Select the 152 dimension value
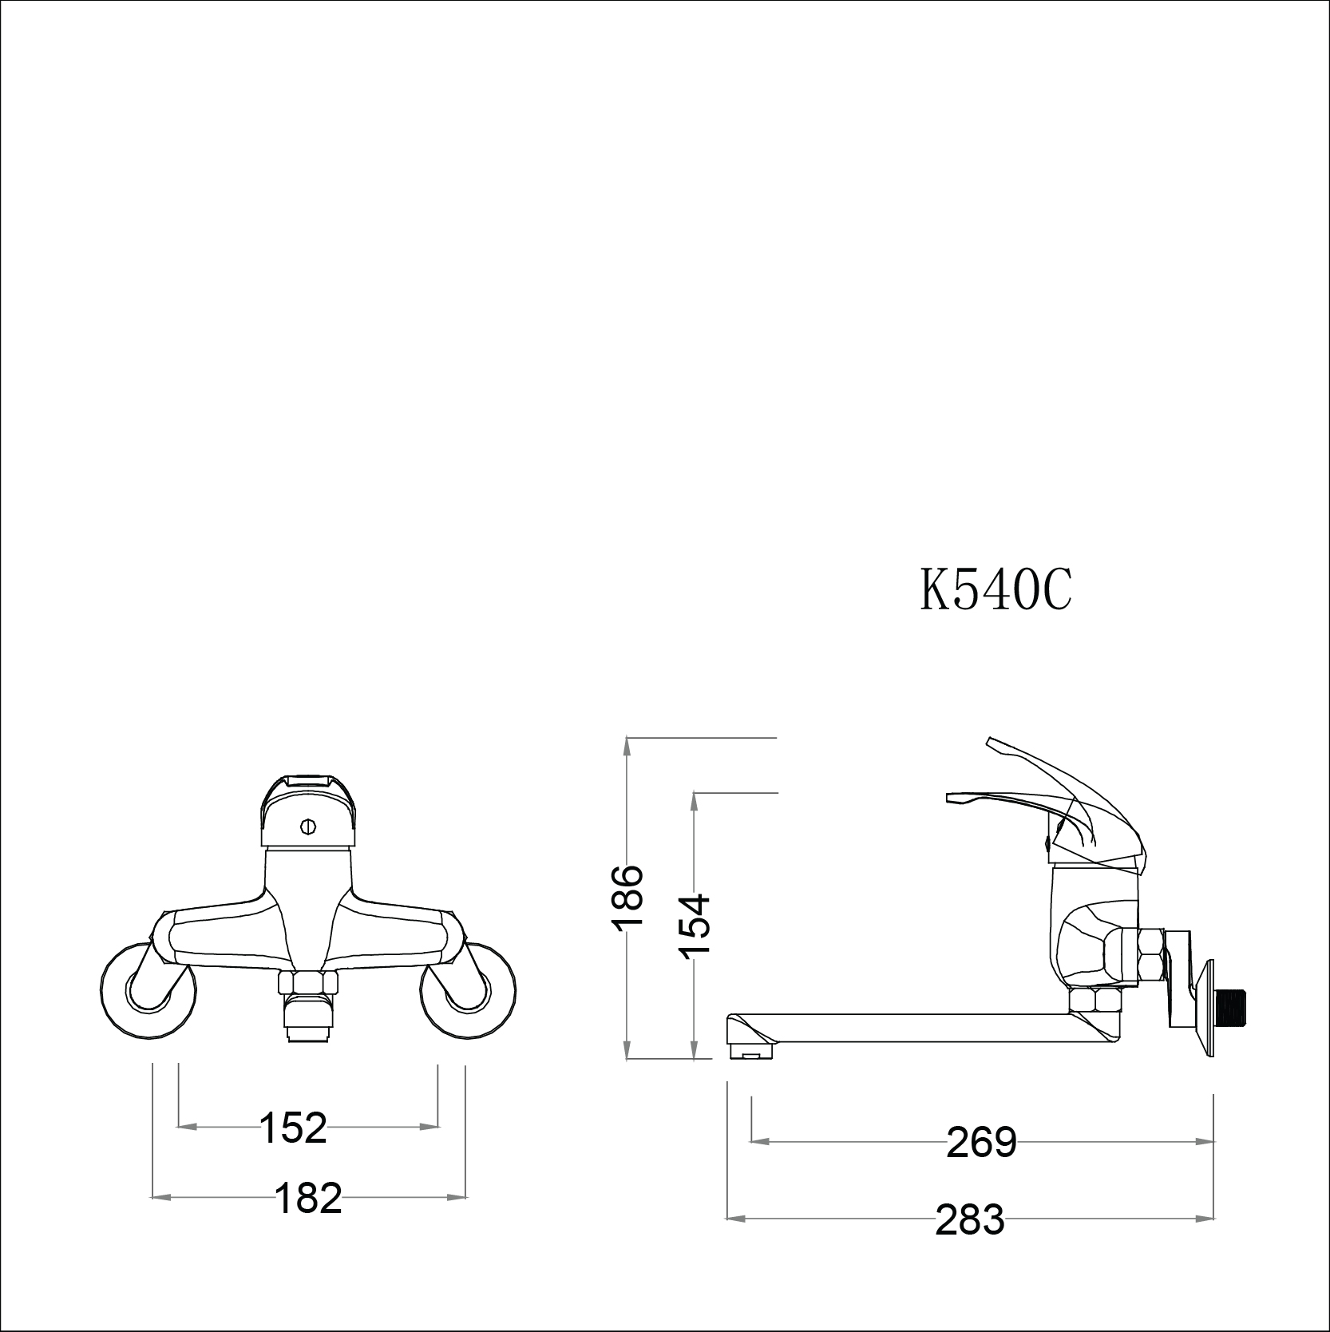(x=293, y=1128)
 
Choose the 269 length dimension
(x=981, y=1143)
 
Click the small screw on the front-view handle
(x=309, y=825)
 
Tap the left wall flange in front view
(x=149, y=991)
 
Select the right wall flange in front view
(x=466, y=991)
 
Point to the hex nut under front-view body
(x=308, y=982)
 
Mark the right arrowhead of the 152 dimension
(x=432, y=1127)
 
